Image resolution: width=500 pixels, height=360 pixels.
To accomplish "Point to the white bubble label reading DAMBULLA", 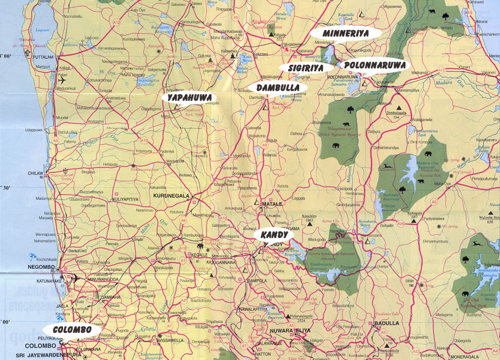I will (x=277, y=87).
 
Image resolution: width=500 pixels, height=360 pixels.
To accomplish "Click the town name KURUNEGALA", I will (x=172, y=196).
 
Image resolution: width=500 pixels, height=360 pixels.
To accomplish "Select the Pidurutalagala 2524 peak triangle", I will (x=288, y=316).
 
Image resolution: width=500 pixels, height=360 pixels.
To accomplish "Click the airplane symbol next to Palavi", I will (x=62, y=80).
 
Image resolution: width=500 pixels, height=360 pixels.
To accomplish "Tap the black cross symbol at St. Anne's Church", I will (x=27, y=53).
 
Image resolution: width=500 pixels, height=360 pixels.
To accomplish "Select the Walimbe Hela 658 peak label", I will (x=481, y=218).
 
